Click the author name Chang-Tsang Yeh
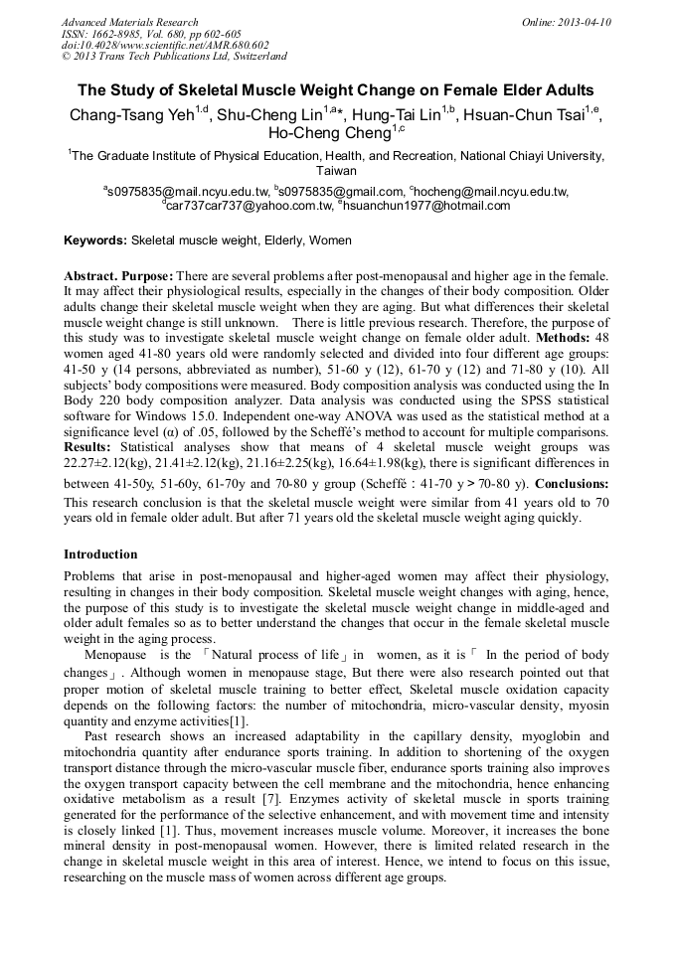pyautogui.click(x=130, y=115)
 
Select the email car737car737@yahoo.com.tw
pyautogui.click(x=249, y=206)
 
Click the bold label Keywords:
pyautogui.click(x=95, y=240)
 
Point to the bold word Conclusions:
pyautogui.click(x=572, y=484)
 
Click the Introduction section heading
pyautogui.click(x=100, y=554)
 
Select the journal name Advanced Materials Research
pyautogui.click(x=130, y=22)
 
